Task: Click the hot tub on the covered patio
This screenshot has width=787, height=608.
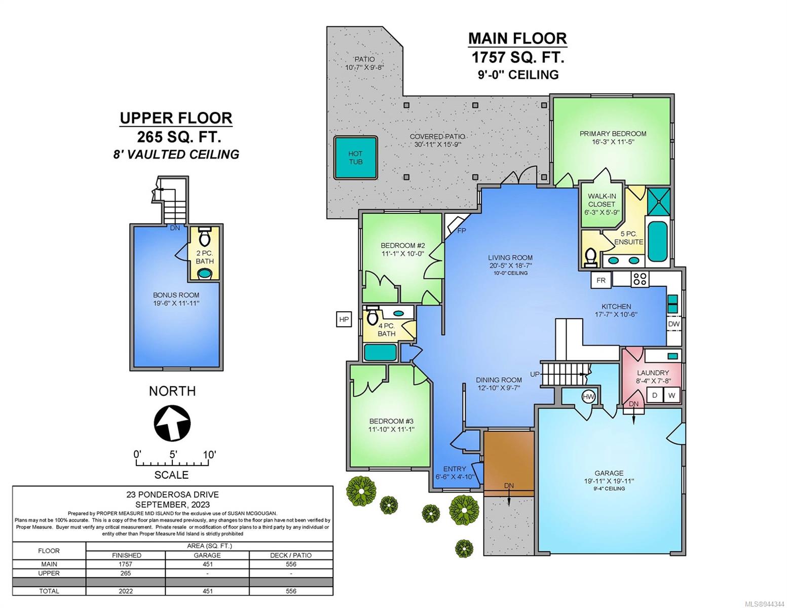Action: pos(355,158)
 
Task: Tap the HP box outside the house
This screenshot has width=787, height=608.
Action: pos(344,319)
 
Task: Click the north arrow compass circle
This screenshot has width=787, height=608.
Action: pos(172,422)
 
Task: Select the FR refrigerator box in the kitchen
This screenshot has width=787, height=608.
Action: pos(601,280)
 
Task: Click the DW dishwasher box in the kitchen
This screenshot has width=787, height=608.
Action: pos(673,324)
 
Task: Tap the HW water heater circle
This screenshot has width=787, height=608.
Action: pos(588,397)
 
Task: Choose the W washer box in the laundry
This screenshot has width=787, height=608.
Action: pos(671,395)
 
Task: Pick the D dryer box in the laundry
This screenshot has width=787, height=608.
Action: pos(654,395)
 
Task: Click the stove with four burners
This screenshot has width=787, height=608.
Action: pos(639,279)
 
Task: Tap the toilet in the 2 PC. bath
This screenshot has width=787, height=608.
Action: pos(205,236)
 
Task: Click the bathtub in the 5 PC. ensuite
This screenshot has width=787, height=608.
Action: pos(657,241)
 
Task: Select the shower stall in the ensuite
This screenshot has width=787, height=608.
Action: pos(658,200)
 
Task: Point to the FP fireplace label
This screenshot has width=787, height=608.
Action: pos(462,231)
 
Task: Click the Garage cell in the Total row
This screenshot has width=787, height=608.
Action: pos(207,591)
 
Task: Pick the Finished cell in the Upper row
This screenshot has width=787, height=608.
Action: pos(126,573)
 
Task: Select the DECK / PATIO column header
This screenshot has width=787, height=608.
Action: pos(291,555)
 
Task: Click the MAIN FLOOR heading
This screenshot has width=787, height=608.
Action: pos(517,39)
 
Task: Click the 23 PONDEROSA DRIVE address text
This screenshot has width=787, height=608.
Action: pos(172,495)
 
